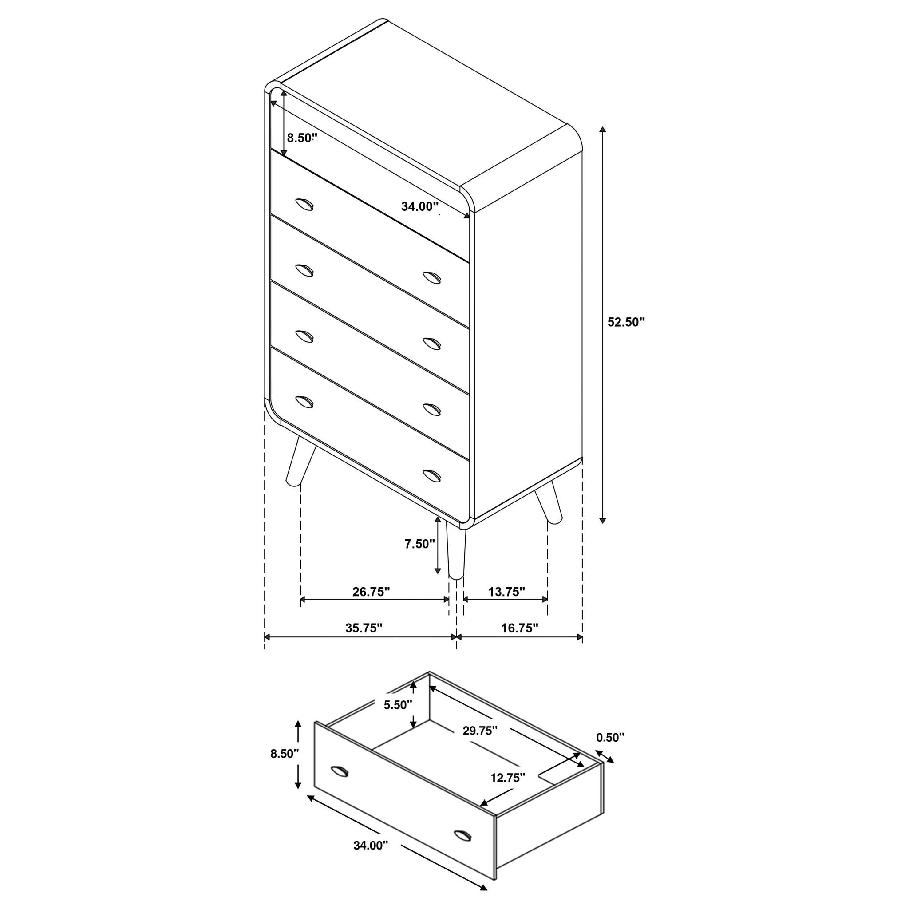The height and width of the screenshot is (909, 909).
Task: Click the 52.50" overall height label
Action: coord(626,322)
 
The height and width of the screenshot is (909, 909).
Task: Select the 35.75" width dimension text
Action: coord(364,628)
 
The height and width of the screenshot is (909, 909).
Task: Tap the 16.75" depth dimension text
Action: coord(519,628)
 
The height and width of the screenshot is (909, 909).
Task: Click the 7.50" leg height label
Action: coord(420,544)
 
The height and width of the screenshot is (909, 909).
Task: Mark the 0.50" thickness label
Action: coord(610,737)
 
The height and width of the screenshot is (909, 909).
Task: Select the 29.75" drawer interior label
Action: coord(480,731)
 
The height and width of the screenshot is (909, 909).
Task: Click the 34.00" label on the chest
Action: coord(420,206)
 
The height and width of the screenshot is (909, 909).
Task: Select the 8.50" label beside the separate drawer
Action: coord(285,767)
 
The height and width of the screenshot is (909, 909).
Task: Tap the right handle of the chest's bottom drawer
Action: coord(432,475)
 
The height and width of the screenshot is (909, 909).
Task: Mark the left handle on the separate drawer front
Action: coord(339,784)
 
